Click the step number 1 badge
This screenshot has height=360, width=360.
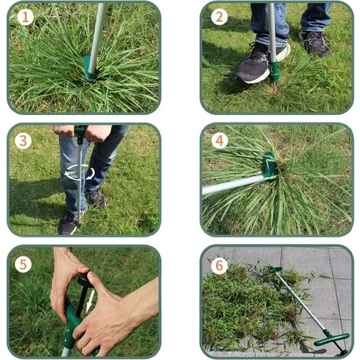pyautogui.click(x=25, y=17)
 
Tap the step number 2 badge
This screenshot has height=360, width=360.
pyautogui.click(x=219, y=17)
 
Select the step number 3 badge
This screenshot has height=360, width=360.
pyautogui.click(x=23, y=141)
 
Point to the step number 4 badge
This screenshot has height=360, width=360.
pyautogui.click(x=219, y=141)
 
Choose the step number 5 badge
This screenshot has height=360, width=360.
pyautogui.click(x=23, y=265)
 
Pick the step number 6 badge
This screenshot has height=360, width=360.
pyautogui.click(x=219, y=266)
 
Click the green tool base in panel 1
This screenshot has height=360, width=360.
pyautogui.click(x=90, y=68)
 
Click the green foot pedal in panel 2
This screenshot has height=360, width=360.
pyautogui.click(x=274, y=70)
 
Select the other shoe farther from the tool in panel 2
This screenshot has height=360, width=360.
pyautogui.click(x=316, y=43)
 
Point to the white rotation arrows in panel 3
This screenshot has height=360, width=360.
pyautogui.click(x=80, y=172)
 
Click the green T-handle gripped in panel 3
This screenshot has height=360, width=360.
pyautogui.click(x=80, y=133)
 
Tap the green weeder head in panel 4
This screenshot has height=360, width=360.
pyautogui.click(x=270, y=165)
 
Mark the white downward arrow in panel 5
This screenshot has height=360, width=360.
pyautogui.click(x=90, y=301)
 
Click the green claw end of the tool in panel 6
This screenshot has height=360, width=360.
pyautogui.click(x=277, y=270)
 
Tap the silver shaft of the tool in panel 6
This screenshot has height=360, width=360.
pyautogui.click(x=301, y=300)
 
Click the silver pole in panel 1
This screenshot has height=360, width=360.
pyautogui.click(x=97, y=36)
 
